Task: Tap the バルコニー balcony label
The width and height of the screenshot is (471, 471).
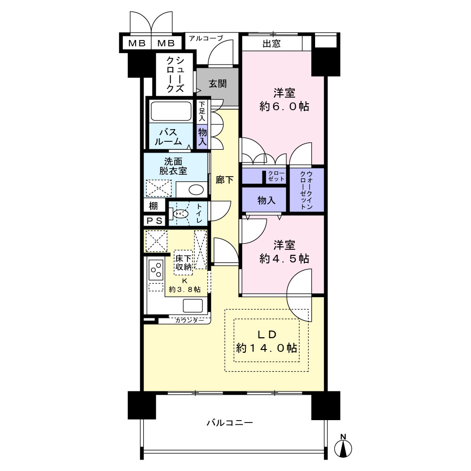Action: [230, 423]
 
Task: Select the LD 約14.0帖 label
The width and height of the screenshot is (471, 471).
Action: [267, 341]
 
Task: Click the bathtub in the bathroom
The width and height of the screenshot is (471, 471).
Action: [171, 111]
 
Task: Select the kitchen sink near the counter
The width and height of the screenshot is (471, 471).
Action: [193, 306]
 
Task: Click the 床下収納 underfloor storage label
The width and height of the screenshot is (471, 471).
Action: [183, 262]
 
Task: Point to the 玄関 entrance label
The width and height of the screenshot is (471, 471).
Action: [218, 84]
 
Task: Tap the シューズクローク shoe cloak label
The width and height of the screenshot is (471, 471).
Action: [175, 74]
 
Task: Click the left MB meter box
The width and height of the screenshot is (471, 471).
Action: [137, 43]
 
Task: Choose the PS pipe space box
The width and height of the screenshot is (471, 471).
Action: [154, 221]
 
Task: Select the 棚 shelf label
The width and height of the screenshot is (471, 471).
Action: [153, 206]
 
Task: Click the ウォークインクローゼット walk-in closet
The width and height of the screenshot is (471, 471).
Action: [307, 190]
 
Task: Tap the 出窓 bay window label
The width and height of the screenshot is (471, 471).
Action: [272, 44]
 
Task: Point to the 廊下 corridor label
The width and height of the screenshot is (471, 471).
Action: [225, 179]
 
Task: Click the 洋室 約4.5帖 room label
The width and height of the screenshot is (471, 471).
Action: [284, 252]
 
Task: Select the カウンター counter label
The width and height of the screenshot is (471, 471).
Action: [189, 320]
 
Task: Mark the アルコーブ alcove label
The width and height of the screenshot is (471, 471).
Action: [206, 38]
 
